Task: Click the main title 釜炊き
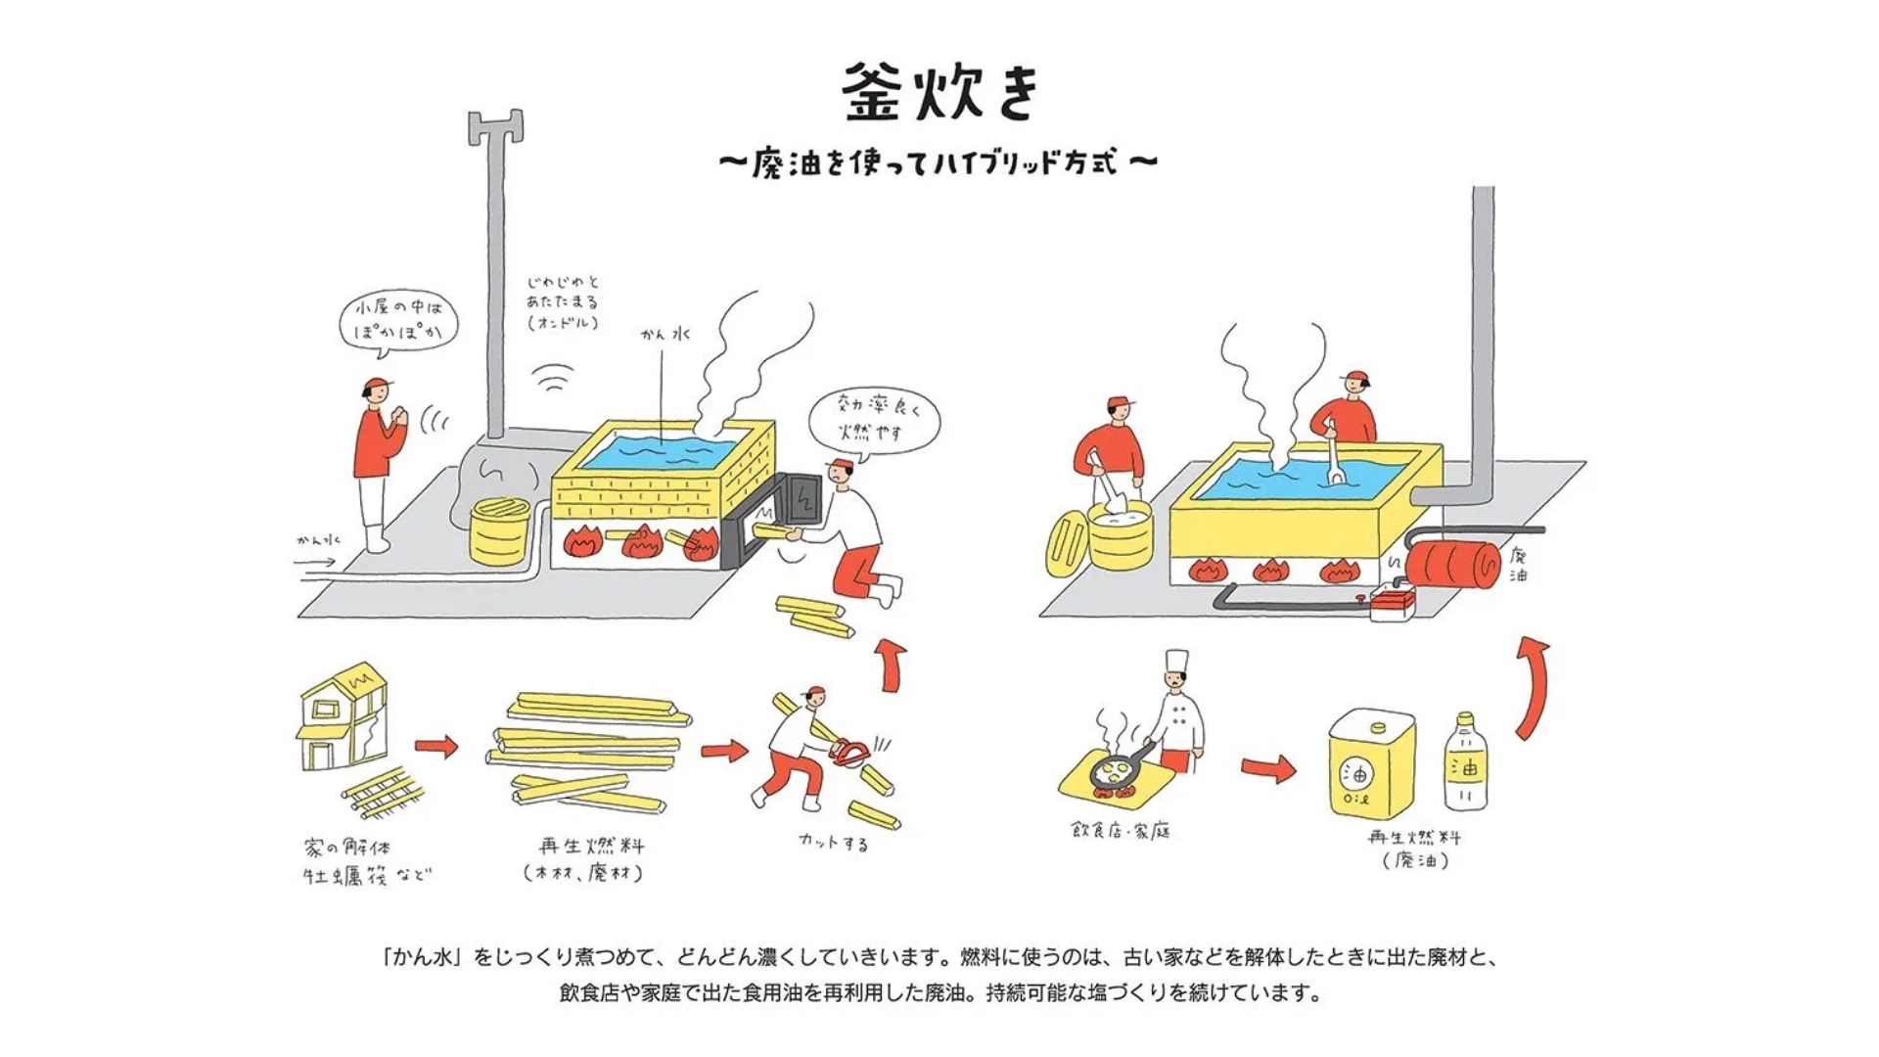coord(939,93)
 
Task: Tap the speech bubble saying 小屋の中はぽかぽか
coord(398,319)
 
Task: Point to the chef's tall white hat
coord(1176,662)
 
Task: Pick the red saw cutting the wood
coord(849,752)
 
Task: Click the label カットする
coord(833,842)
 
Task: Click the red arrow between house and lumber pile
coord(436,747)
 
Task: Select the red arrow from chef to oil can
coord(1268,768)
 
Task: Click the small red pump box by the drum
coord(1392,602)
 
